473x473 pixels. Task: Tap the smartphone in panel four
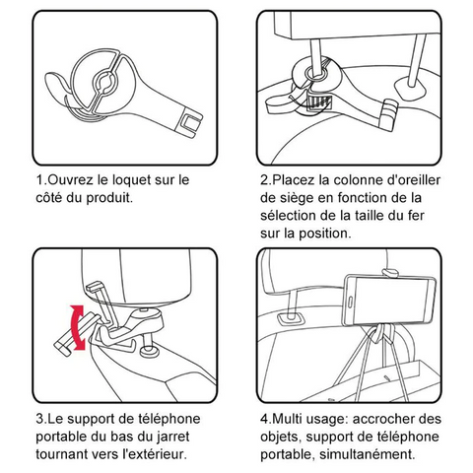(390, 302)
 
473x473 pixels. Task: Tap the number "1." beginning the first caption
(41, 180)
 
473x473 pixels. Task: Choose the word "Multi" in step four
(288, 419)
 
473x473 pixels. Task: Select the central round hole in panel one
(104, 81)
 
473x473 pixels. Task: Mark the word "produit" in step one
(109, 198)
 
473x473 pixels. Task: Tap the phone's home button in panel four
(350, 302)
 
